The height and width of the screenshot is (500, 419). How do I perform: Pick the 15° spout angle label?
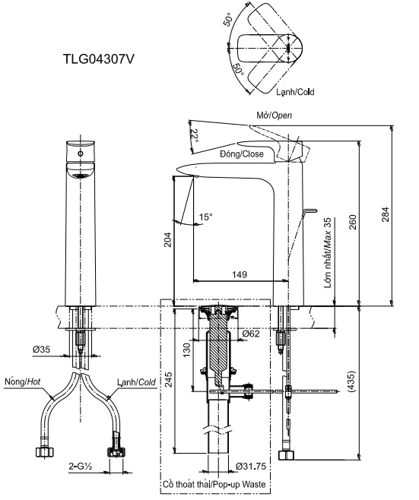[205, 217]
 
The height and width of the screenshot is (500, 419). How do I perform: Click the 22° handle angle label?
[194, 136]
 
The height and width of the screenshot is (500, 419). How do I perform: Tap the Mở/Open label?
[274, 116]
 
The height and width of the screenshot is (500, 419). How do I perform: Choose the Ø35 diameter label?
[42, 350]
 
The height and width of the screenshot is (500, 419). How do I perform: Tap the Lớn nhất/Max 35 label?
[328, 250]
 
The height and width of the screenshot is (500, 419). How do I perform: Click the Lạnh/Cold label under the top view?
[295, 91]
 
